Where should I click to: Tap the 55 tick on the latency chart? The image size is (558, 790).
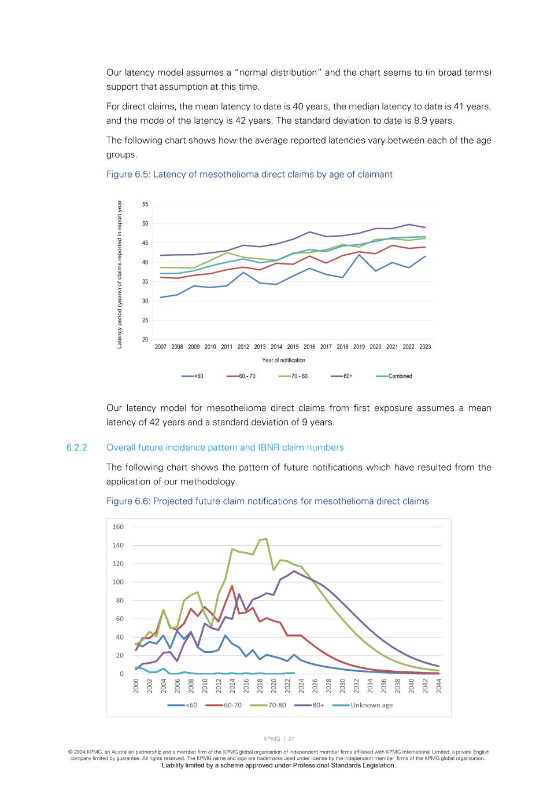coord(145,204)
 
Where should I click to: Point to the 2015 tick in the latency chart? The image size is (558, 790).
coord(293,347)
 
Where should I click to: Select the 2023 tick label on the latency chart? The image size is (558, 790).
coord(425,347)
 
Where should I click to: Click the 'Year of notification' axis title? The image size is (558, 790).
coord(283,361)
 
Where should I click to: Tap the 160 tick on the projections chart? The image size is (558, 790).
coord(118,527)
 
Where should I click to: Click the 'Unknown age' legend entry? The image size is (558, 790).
coord(371,706)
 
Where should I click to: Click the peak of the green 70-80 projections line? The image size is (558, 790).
coord(267,539)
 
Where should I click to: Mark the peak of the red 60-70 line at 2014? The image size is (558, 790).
coord(232,586)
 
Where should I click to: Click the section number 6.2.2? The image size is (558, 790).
coord(76,447)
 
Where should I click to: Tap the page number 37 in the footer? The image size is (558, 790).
coord(291,739)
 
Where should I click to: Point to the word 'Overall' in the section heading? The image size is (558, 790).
coord(122,447)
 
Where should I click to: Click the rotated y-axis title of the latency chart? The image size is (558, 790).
coord(120,274)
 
